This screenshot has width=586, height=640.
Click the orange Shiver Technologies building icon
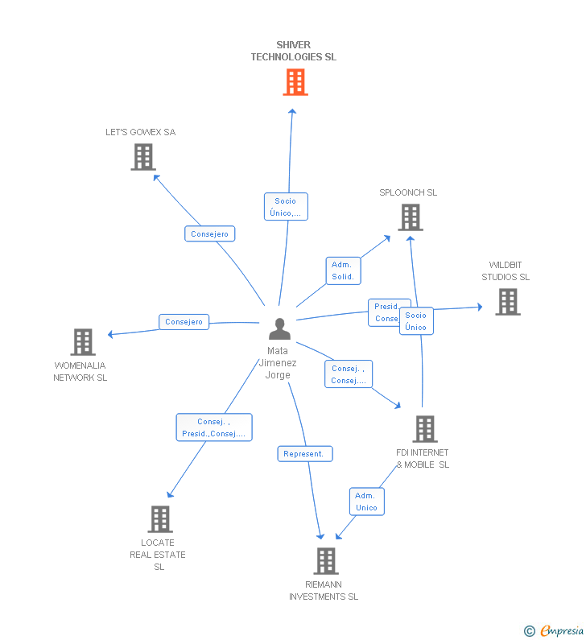(x=295, y=82)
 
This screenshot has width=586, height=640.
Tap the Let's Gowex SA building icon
(x=142, y=157)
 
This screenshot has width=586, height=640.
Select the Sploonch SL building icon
(x=410, y=217)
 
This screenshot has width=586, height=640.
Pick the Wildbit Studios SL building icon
(x=507, y=301)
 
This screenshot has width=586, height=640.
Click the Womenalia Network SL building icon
(x=82, y=342)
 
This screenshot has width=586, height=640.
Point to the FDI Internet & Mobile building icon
(x=424, y=429)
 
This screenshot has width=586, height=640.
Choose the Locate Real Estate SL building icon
(x=160, y=519)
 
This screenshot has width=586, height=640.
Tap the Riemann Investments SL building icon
(x=325, y=561)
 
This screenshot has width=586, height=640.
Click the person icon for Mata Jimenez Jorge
(x=279, y=329)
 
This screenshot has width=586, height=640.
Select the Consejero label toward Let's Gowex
(x=209, y=234)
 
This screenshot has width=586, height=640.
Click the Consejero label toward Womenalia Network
(x=184, y=322)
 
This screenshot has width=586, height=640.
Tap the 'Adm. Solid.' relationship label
(x=343, y=270)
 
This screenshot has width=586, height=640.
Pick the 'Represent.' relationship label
(x=305, y=454)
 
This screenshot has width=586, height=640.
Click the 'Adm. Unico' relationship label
(x=366, y=502)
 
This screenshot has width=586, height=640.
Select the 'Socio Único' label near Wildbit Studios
(x=416, y=321)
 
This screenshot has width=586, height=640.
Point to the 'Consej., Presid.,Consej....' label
(x=213, y=427)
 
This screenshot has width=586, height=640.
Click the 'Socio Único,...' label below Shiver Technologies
(x=286, y=207)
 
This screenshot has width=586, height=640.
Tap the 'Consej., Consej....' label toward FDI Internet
(x=349, y=374)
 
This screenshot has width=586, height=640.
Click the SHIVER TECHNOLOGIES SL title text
(x=293, y=51)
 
